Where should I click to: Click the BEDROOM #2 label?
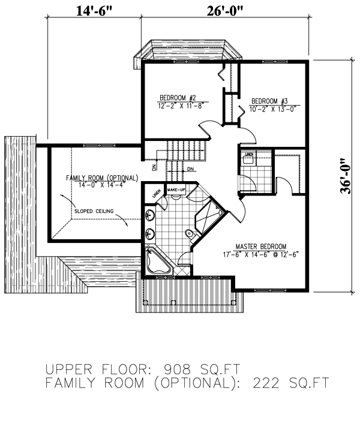click(178, 98)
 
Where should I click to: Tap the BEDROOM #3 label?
click(270, 101)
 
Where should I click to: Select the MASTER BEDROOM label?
click(260, 246)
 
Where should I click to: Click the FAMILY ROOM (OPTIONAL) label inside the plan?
click(101, 179)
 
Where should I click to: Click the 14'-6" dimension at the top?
click(94, 10)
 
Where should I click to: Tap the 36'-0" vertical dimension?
click(344, 176)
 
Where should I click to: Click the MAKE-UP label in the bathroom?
click(176, 190)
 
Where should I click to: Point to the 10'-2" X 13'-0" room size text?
click(270, 109)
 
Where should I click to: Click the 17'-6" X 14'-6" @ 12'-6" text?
click(260, 254)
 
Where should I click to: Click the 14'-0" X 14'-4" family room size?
click(101, 185)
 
